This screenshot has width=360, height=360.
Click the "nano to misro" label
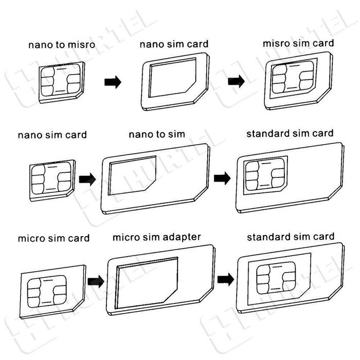[61, 44]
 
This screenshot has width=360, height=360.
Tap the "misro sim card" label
[298, 43]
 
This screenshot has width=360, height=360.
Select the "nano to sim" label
[157, 135]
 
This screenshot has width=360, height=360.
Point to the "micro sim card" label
[53, 239]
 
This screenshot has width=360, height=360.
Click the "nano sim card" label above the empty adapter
[174, 44]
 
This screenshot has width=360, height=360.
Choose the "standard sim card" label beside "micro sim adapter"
[290, 237]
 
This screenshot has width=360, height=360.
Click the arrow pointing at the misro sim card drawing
[236, 81]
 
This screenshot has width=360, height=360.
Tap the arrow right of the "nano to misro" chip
[112, 82]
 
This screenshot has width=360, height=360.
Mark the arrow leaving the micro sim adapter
[224, 279]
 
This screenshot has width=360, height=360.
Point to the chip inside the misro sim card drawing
[290, 80]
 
